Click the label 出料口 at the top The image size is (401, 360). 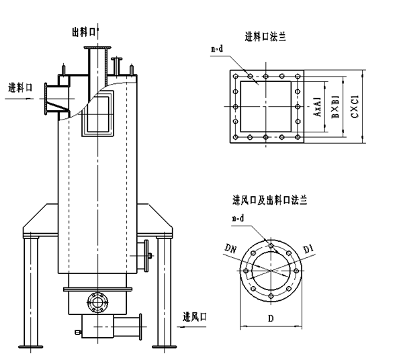point(84,32)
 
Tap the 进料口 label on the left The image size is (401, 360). point(20,88)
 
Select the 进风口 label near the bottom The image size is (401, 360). point(195,317)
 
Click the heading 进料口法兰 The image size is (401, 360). point(265,37)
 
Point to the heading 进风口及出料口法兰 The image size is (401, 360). point(270,200)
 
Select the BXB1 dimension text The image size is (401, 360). point(335,107)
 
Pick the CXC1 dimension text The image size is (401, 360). point(355,107)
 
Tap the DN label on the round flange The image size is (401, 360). point(230,249)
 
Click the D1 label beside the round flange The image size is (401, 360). point(308,249)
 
